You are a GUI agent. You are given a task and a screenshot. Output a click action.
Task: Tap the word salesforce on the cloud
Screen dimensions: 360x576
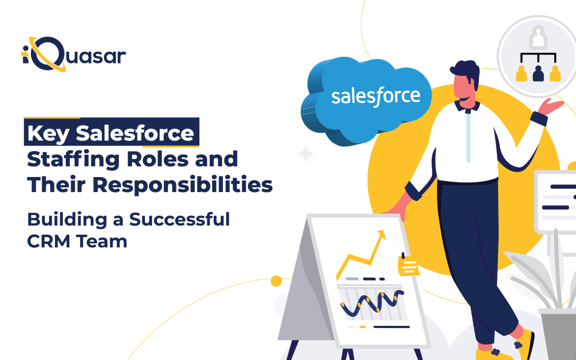375,96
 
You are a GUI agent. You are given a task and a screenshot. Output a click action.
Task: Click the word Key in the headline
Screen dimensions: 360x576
49,133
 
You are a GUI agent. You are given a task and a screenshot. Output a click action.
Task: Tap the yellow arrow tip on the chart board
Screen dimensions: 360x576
381,235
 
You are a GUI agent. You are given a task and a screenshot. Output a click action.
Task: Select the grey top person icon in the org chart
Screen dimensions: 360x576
539,38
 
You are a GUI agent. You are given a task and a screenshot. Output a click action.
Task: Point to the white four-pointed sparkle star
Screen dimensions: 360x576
306,154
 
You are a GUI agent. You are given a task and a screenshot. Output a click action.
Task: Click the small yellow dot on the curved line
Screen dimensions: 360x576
276,281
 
